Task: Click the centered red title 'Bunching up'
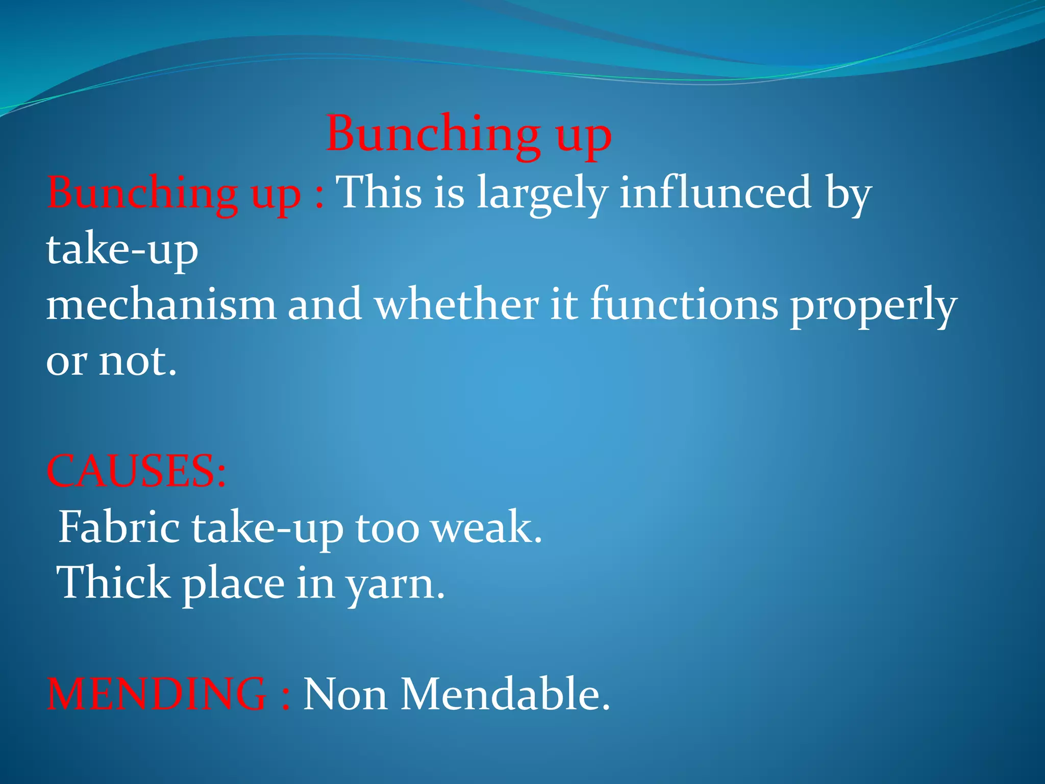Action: pyautogui.click(x=468, y=134)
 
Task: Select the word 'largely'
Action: pyautogui.click(x=542, y=194)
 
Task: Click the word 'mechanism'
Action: pyautogui.click(x=161, y=304)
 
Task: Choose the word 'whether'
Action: pyautogui.click(x=456, y=304)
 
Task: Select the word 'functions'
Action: pyautogui.click(x=684, y=304)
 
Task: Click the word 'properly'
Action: pyautogui.click(x=873, y=306)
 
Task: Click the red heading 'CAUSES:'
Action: pyautogui.click(x=136, y=471)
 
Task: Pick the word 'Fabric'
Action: pyautogui.click(x=119, y=527)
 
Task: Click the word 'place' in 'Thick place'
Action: pyautogui.click(x=233, y=584)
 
